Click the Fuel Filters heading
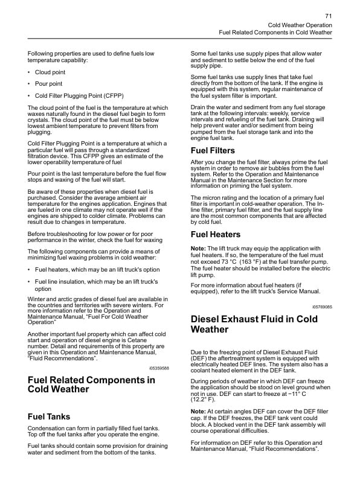[x=213, y=150]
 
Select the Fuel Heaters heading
[x=215, y=234]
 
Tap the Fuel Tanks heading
[x=49, y=416]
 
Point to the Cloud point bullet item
[x=50, y=72]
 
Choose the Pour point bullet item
[x=48, y=84]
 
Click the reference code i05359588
[x=159, y=368]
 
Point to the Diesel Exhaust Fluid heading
[x=254, y=324]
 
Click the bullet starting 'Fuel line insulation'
[x=96, y=285]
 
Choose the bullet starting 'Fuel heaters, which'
[x=97, y=269]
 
